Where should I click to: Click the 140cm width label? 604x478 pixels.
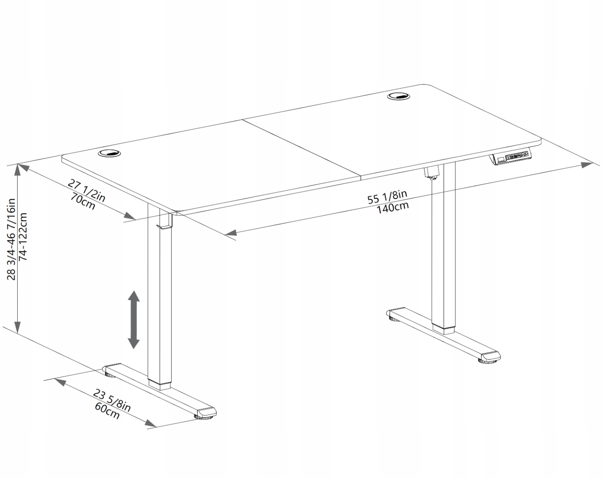[392, 208]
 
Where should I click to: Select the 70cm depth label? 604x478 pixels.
[83, 201]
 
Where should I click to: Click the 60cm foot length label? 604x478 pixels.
[107, 411]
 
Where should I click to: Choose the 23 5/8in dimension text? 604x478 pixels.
[112, 400]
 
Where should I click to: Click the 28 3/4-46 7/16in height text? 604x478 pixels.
[12, 239]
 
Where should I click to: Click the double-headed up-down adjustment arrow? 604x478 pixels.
[134, 319]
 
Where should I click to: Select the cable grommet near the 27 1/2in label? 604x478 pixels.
[110, 153]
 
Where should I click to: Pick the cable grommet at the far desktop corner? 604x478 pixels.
[399, 97]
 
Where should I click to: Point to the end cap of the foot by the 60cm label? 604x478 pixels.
[207, 412]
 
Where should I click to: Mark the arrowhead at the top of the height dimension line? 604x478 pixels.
[18, 169]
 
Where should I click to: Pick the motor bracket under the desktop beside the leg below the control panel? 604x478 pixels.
[431, 173]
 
